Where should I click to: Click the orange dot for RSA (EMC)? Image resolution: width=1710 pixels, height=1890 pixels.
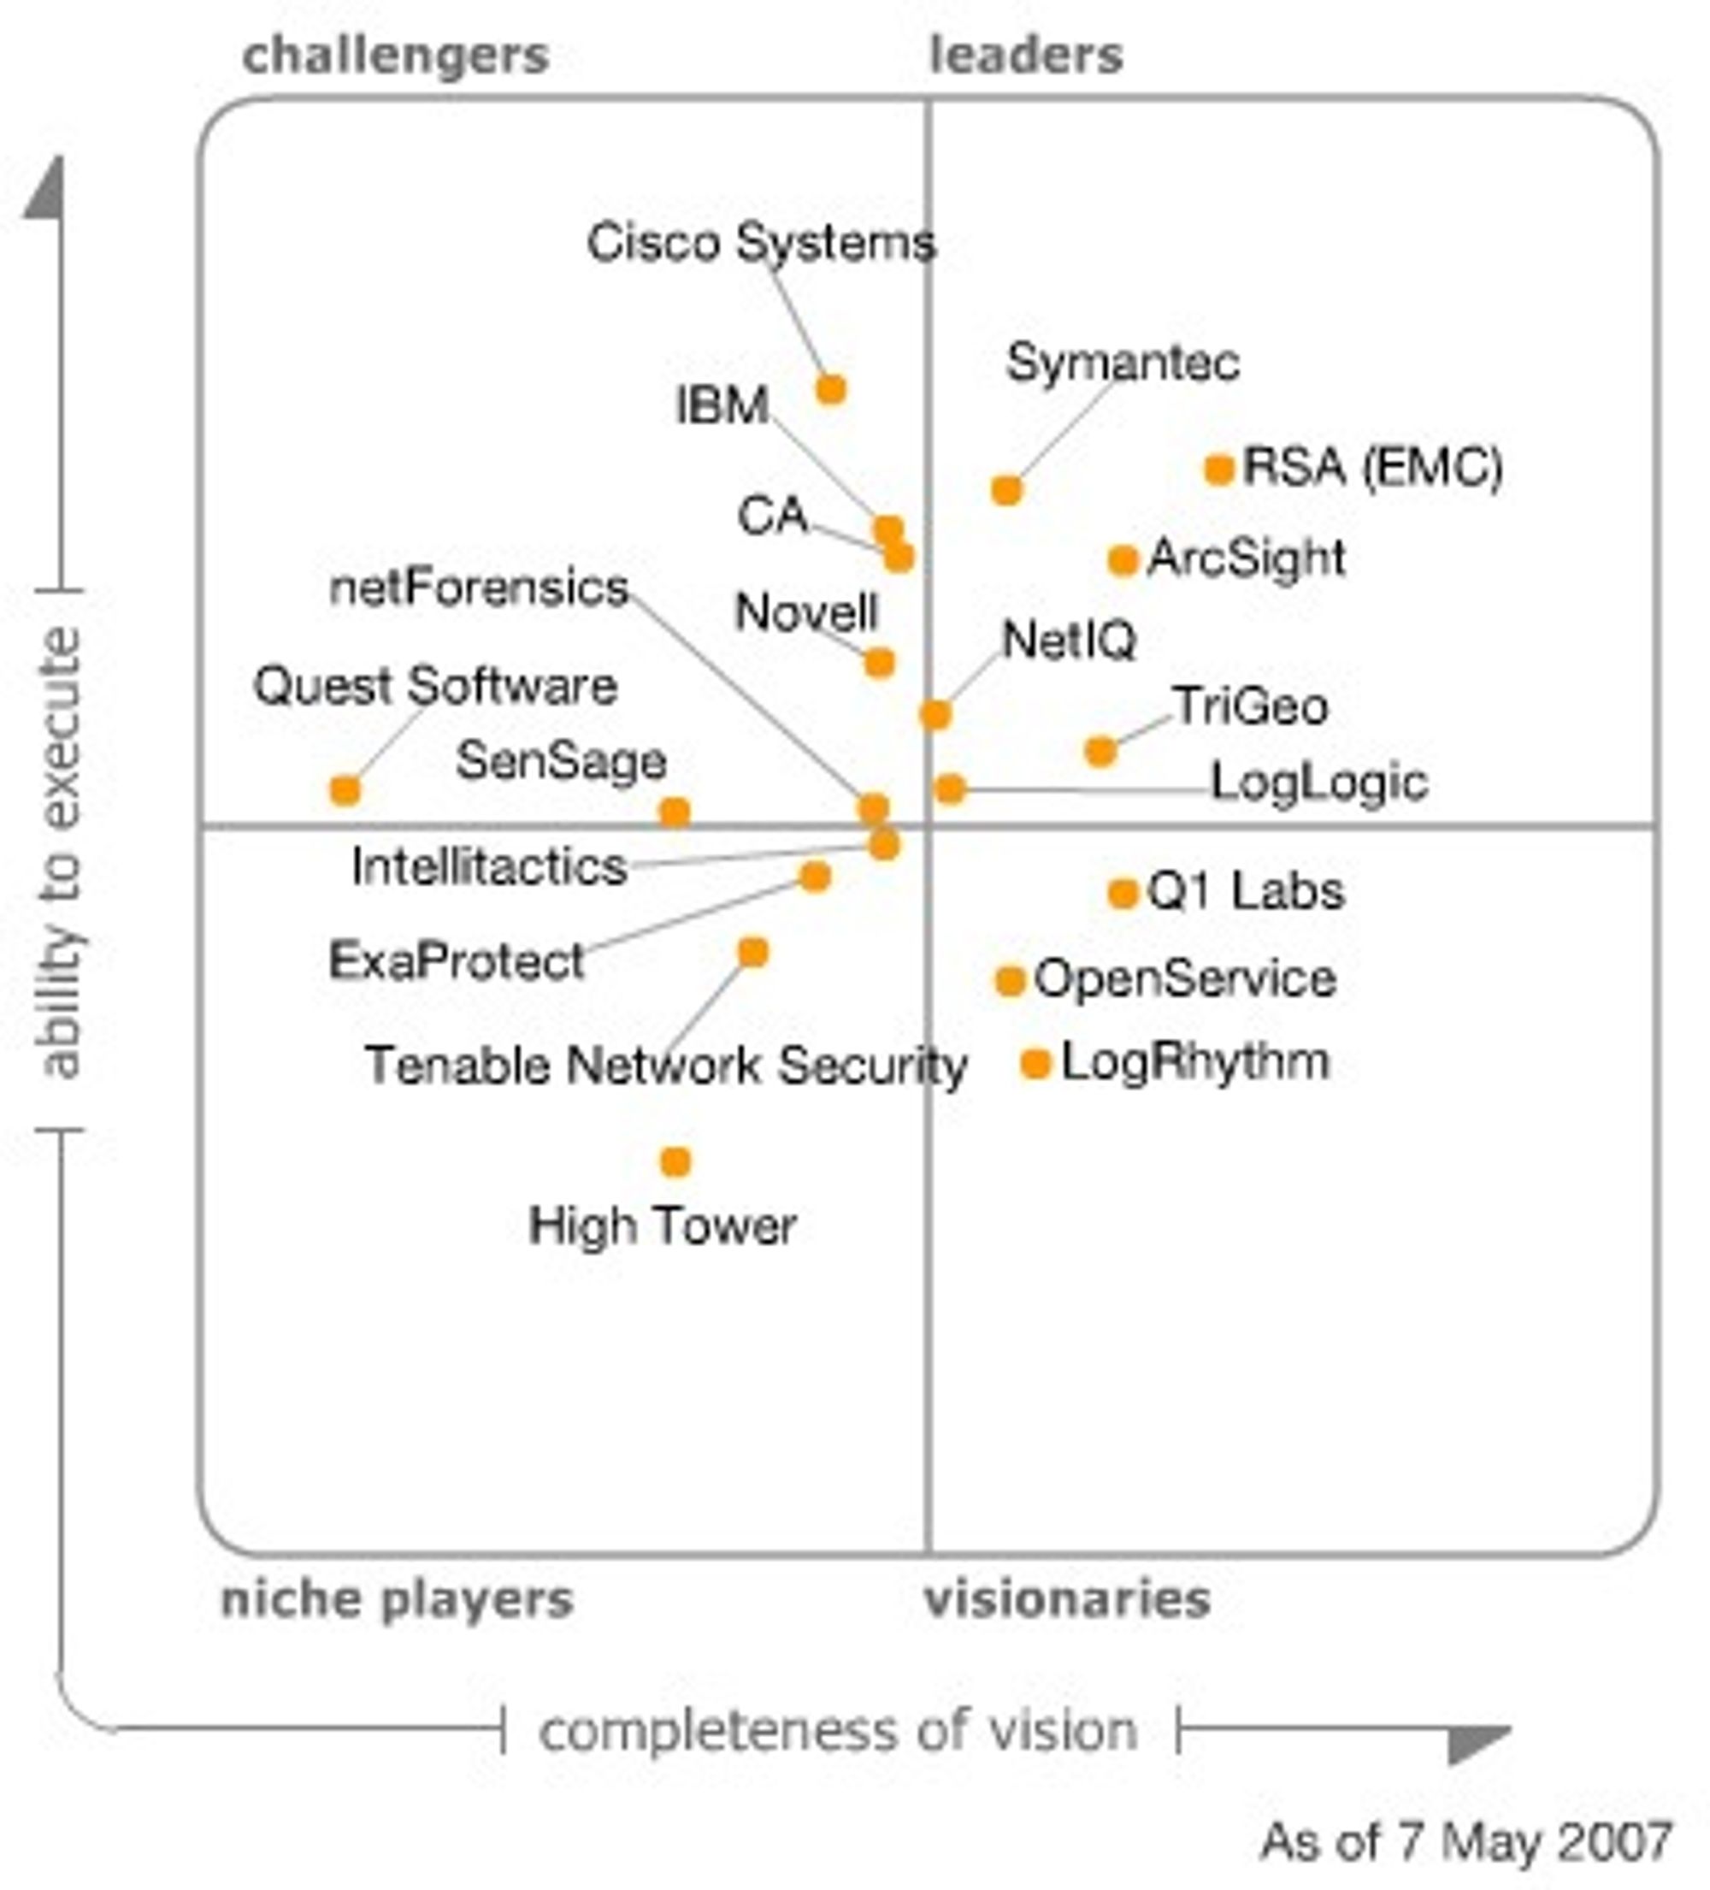pyautogui.click(x=1218, y=469)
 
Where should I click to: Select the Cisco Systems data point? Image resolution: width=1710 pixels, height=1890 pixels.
pyautogui.click(x=830, y=389)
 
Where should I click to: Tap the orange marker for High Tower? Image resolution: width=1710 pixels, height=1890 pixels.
pyautogui.click(x=675, y=1162)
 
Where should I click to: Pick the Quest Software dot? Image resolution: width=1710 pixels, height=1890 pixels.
pyautogui.click(x=345, y=790)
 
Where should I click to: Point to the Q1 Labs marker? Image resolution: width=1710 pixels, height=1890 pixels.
pyautogui.click(x=1122, y=894)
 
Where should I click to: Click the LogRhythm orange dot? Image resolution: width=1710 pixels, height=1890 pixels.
pyautogui.click(x=1035, y=1064)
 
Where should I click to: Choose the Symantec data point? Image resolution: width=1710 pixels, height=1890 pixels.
pyautogui.click(x=1006, y=489)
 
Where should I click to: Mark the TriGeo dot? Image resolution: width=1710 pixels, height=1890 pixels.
pyautogui.click(x=1100, y=751)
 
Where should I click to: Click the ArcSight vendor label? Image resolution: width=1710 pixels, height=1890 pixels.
pyautogui.click(x=1247, y=559)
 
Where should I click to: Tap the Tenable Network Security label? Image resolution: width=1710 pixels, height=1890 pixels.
pyautogui.click(x=666, y=1066)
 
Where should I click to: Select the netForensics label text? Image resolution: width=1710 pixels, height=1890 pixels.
pyautogui.click(x=479, y=588)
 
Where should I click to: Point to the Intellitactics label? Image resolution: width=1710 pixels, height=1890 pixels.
pyautogui.click(x=489, y=866)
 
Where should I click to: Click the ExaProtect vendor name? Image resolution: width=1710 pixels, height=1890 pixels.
pyautogui.click(x=457, y=961)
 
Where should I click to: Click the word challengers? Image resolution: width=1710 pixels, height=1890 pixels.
pyautogui.click(x=396, y=57)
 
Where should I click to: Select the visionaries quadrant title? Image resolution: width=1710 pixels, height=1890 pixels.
pyautogui.click(x=1067, y=1599)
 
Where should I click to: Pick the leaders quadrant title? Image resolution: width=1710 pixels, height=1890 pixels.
pyautogui.click(x=1027, y=56)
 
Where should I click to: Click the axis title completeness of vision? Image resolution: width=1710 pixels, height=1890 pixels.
pyautogui.click(x=838, y=1731)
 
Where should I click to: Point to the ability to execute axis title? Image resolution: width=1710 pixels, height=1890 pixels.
pyautogui.click(x=62, y=853)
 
